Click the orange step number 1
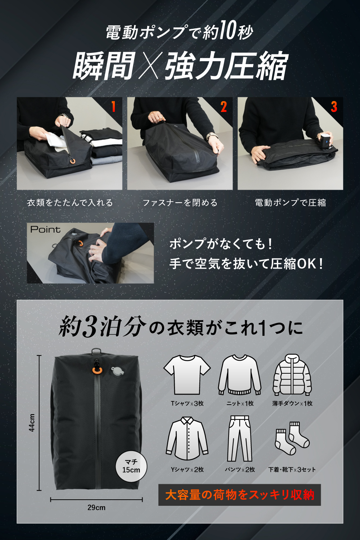(x=113, y=107)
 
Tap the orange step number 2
(x=224, y=107)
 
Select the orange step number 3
(x=334, y=107)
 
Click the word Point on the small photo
(x=45, y=230)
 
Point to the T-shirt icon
(x=187, y=375)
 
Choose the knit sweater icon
(x=240, y=375)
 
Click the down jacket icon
(x=292, y=375)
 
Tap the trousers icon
(x=240, y=438)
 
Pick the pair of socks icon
(x=292, y=438)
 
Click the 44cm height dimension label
(x=32, y=422)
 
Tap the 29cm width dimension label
(x=96, y=508)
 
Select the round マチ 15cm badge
(x=131, y=466)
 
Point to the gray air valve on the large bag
(x=117, y=371)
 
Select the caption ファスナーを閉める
(x=180, y=203)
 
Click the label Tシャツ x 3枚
(x=187, y=403)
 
